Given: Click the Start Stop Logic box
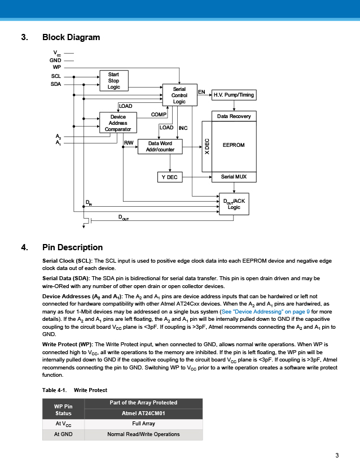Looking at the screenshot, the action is coord(114,81).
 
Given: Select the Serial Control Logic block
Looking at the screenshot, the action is coord(179,95).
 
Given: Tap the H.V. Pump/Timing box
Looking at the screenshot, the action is coord(234,95).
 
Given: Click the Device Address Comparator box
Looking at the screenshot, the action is coord(118,123).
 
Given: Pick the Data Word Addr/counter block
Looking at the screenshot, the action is coord(160,146).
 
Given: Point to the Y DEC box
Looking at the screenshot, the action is coord(170,177).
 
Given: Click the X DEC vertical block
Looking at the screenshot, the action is coord(207,146).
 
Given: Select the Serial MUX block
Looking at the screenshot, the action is coord(234,177).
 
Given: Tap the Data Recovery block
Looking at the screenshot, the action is coord(234,116).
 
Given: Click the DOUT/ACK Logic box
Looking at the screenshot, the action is coord(234,204).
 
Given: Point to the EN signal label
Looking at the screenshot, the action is coord(201,92).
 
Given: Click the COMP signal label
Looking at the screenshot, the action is coord(159,115).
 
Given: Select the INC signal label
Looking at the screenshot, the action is coord(183,128).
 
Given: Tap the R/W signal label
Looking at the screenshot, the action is coord(129,143).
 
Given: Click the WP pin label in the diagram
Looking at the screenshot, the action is coord(56,67).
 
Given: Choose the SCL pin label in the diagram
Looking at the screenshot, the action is coord(56,76).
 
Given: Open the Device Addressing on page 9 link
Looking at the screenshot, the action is coord(266,311).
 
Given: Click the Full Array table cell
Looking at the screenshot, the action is coord(144,424).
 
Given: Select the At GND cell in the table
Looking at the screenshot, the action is coord(63,434).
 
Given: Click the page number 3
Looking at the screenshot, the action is coord(337,455).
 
